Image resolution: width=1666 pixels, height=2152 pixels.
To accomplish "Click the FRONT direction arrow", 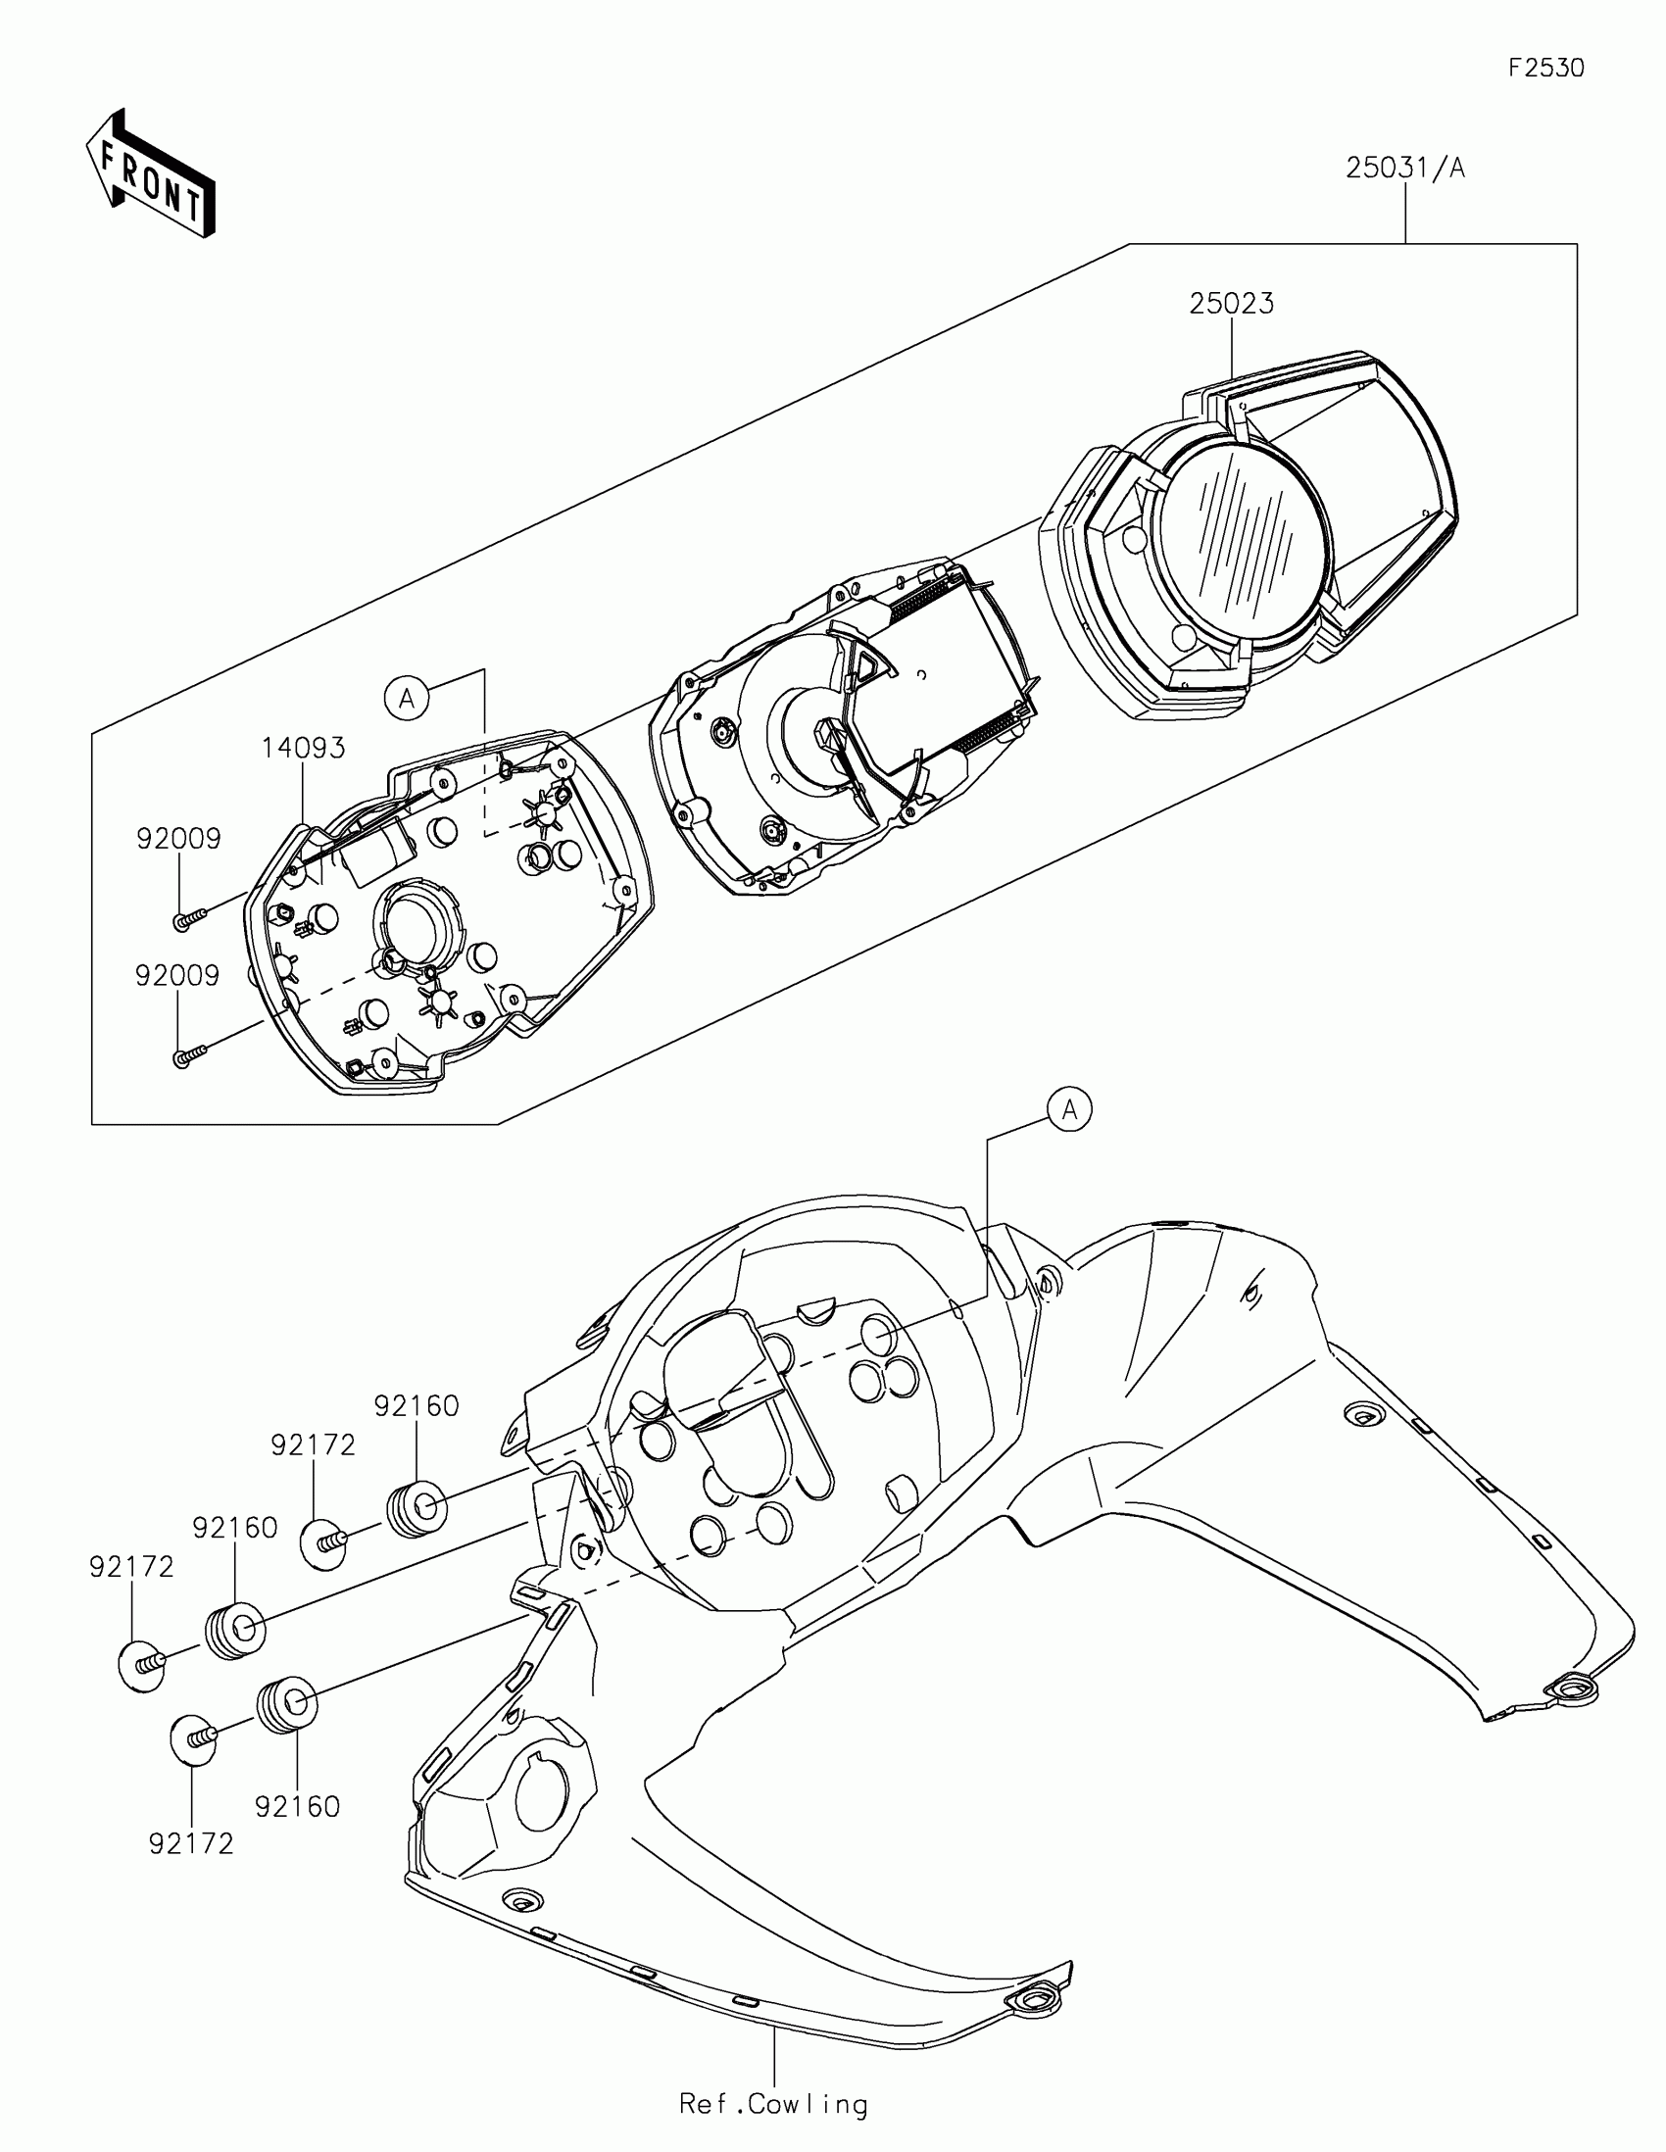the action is [150, 175].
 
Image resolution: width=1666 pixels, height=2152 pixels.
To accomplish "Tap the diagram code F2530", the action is [1545, 68].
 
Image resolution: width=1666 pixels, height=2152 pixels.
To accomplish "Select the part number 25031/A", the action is [1405, 169].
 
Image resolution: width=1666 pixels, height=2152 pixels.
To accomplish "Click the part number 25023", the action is [1231, 304].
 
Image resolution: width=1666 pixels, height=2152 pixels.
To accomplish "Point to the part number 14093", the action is [304, 748].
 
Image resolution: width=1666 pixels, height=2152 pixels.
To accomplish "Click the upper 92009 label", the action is [178, 839].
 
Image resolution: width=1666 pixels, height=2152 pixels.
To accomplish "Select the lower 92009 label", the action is [178, 975].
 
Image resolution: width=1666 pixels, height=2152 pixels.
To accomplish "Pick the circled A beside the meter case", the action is [406, 699].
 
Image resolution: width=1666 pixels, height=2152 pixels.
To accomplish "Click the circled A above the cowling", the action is [1070, 1110].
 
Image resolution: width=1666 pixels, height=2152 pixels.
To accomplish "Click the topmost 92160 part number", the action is [416, 1406].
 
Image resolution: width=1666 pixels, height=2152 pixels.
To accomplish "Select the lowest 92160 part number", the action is [298, 1806].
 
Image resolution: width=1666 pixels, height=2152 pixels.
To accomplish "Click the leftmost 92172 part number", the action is [131, 1567].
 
